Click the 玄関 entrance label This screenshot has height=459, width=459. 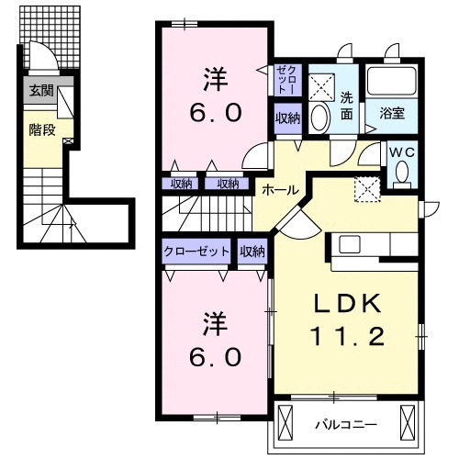[x=40, y=90]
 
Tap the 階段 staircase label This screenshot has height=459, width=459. [x=42, y=130]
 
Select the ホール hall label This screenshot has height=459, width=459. [x=279, y=189]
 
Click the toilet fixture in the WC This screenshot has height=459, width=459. [x=401, y=173]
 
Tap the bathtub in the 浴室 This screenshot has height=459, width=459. [x=393, y=85]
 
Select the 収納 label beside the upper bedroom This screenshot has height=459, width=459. [x=286, y=118]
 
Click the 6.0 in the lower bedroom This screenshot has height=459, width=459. [x=216, y=354]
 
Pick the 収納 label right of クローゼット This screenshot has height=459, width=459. [x=252, y=251]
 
